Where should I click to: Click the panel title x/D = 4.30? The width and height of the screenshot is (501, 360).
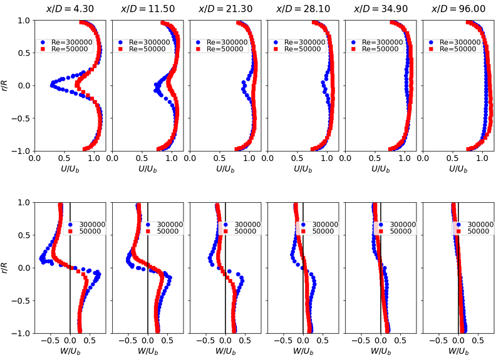70,9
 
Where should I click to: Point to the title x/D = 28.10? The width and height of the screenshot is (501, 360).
302,9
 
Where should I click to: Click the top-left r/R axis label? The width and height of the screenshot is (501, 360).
6,85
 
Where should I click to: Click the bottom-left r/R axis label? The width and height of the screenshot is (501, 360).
6,267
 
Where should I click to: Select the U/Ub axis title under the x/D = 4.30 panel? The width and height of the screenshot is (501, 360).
70,169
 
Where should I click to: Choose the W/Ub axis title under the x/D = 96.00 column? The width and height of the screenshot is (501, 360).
458,351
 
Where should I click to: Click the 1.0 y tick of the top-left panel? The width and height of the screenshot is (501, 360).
23,20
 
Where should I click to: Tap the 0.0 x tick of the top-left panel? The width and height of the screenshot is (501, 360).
34,159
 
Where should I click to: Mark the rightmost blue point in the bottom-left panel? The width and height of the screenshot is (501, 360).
98,274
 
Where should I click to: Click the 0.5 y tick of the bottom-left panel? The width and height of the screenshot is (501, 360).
23,235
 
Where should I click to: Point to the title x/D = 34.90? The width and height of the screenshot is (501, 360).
380,9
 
